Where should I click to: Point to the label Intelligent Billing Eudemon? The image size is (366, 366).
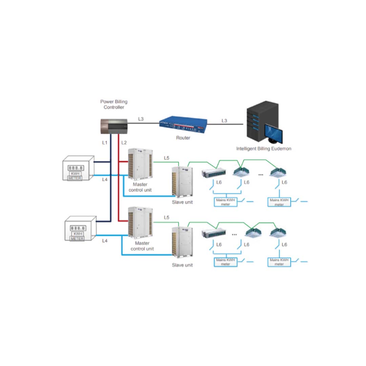pyautogui.click(x=264, y=148)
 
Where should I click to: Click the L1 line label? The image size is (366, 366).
pyautogui.click(x=105, y=143)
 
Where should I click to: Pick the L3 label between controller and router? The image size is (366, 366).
pyautogui.click(x=141, y=119)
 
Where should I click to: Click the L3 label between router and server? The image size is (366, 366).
pyautogui.click(x=224, y=121)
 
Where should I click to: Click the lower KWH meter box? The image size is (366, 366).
pyautogui.click(x=79, y=229)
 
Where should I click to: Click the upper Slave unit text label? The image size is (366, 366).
pyautogui.click(x=182, y=202)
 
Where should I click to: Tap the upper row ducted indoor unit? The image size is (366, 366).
pyautogui.click(x=213, y=172)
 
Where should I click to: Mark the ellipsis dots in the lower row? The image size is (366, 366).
pyautogui.click(x=234, y=234)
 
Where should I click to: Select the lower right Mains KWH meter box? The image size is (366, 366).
pyautogui.click(x=279, y=262)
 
